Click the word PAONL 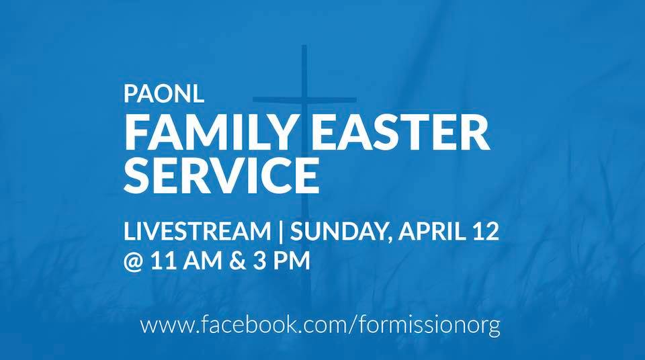164,94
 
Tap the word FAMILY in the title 208,133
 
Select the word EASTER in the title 400,133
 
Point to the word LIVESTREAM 197,231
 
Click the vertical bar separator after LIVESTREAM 281,231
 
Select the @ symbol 133,261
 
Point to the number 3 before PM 259,261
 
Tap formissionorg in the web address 429,326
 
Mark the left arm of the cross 277,99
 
